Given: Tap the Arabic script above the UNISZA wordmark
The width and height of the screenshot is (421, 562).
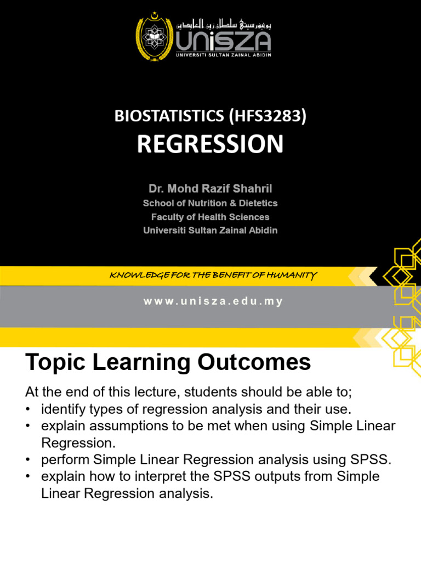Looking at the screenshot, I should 224,25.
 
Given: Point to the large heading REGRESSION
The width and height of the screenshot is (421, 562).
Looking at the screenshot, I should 210,144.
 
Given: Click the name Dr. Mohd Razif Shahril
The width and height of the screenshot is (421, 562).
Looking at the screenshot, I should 210,189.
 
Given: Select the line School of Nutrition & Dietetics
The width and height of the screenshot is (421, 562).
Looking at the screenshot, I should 210,203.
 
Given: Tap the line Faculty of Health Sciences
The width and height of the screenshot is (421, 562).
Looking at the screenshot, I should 210,217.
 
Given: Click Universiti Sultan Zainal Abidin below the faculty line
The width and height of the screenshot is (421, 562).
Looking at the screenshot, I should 210,231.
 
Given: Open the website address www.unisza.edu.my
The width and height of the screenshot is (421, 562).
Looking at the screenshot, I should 210,302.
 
